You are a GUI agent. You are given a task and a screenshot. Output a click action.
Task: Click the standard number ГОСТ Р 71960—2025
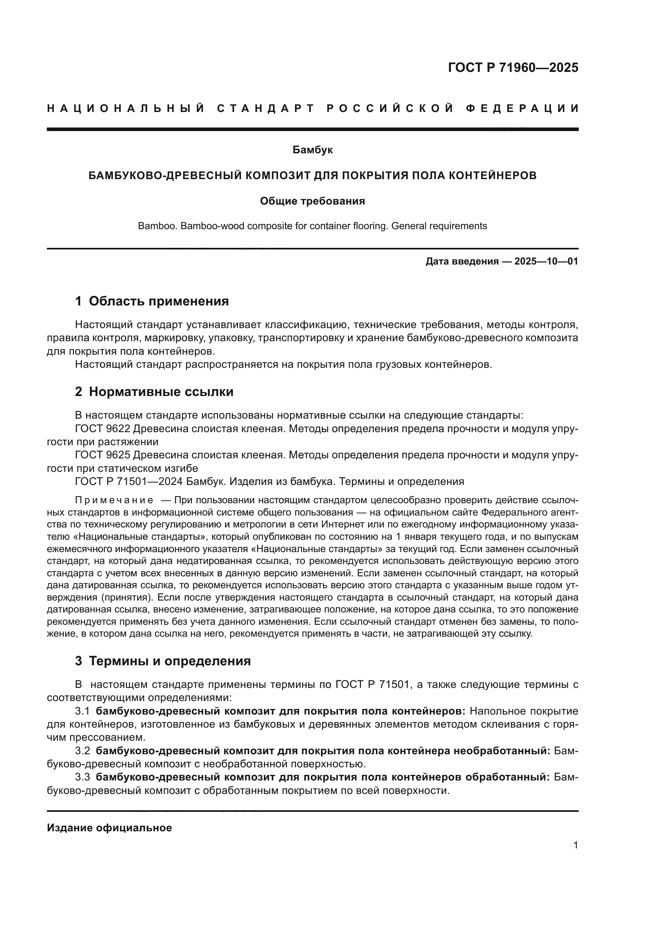click(513, 68)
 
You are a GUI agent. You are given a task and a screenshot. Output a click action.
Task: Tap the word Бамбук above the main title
click(312, 150)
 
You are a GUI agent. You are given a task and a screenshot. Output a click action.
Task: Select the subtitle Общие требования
click(312, 201)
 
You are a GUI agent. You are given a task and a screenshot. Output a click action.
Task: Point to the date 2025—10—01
click(546, 261)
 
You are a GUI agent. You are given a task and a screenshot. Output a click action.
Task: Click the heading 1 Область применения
click(152, 301)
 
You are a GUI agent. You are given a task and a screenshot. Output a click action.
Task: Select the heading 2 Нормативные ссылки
click(154, 392)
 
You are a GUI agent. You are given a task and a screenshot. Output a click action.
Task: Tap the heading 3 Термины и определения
click(163, 661)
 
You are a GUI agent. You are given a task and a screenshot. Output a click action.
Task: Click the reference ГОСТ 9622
click(103, 429)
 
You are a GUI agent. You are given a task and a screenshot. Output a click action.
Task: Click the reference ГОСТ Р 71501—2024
click(131, 481)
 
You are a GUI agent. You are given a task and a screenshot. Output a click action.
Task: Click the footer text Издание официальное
click(109, 828)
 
